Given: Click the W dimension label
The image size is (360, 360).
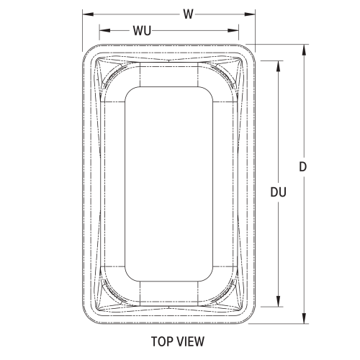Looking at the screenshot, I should click(188, 14).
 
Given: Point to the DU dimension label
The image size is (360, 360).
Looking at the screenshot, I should click(278, 192).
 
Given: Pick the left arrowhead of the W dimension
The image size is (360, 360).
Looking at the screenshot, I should click(86, 14).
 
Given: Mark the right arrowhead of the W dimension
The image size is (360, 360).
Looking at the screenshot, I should click(253, 14).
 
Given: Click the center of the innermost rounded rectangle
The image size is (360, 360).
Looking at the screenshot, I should click(170, 185).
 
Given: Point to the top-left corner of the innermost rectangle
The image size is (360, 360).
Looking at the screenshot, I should click(130, 94).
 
